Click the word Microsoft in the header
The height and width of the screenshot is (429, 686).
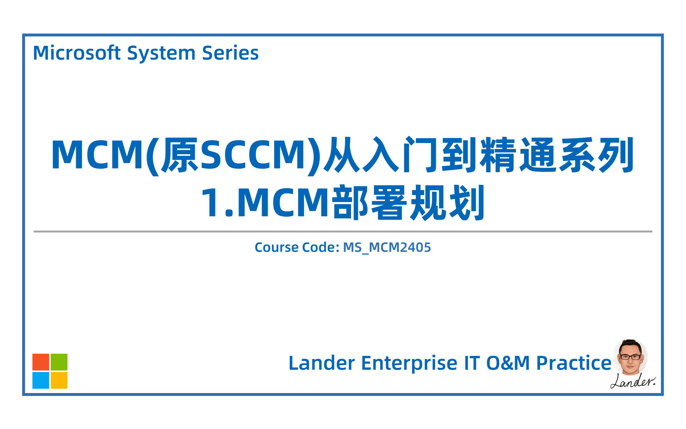(77, 53)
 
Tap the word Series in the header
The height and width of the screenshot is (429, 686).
(230, 53)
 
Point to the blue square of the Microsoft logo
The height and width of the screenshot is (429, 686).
(41, 380)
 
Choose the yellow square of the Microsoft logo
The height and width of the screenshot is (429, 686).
(59, 380)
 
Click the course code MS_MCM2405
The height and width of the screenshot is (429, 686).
(387, 247)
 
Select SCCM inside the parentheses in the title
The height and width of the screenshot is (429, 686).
(255, 155)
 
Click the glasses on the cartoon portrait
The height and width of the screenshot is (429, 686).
(630, 357)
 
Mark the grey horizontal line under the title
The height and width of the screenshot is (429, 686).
(343, 232)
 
